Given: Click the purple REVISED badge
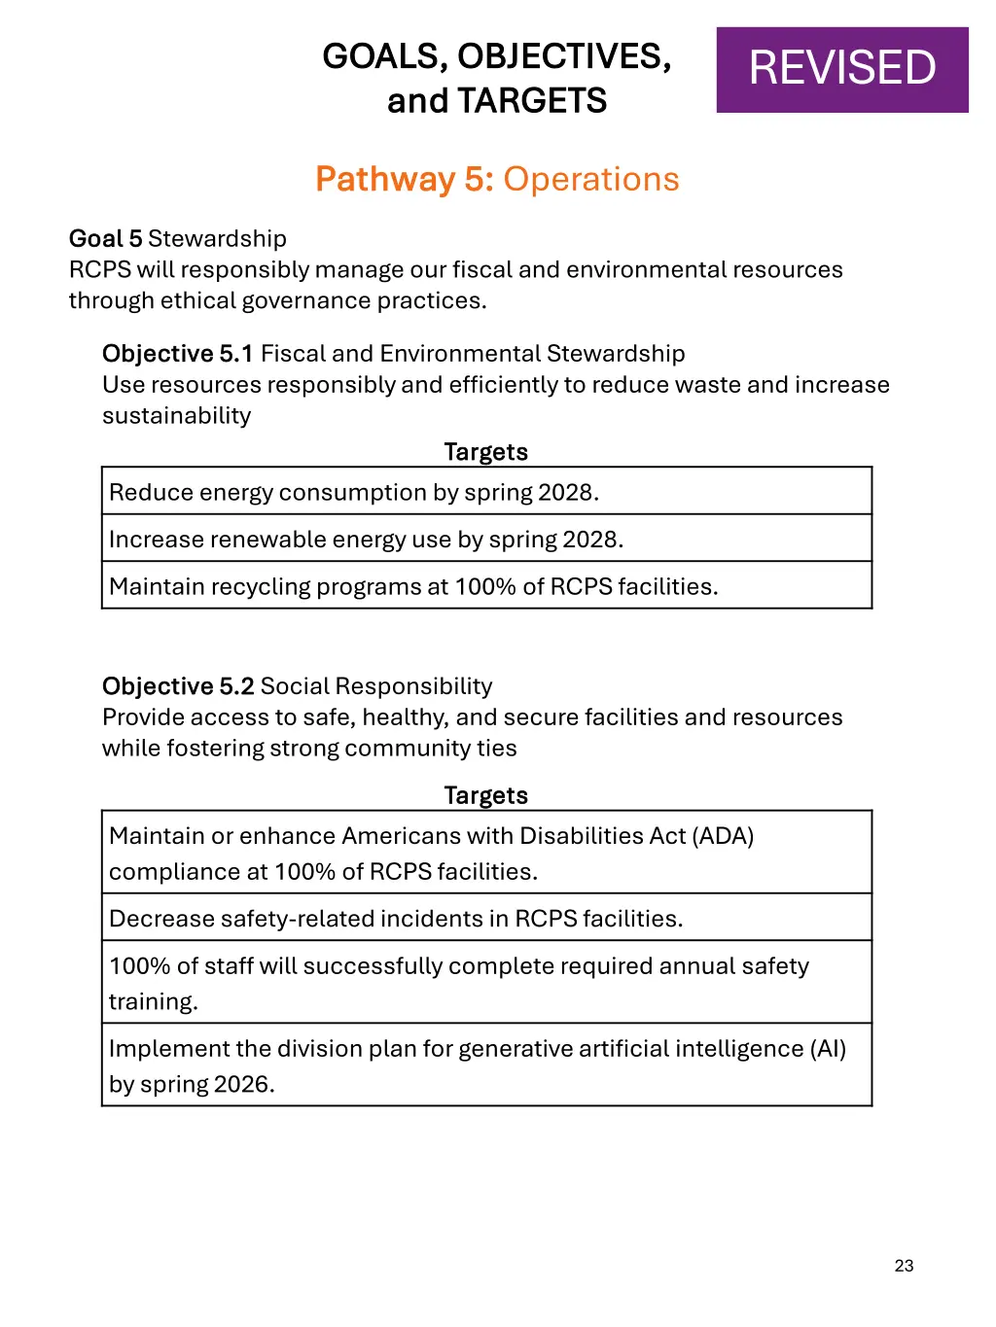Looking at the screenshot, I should pos(842,69).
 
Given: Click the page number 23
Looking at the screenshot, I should pos(904,1265).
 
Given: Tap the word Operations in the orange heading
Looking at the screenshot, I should pos(591,179).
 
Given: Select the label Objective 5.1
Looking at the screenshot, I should pos(177,353).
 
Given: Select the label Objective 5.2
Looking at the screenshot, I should pos(178,685).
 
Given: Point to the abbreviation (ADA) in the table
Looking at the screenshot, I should pos(723,835).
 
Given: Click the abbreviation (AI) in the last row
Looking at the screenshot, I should pos(828,1048).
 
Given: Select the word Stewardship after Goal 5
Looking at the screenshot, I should pos(217,238).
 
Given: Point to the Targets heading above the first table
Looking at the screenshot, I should pos(485,452).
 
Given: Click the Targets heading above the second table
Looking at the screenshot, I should pos(485,795).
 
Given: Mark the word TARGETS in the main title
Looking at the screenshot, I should pos(532,100).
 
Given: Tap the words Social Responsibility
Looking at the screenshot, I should pos(376,685).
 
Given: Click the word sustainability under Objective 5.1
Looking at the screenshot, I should pos(177,415).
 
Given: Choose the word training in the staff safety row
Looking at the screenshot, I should pos(153,1001).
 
